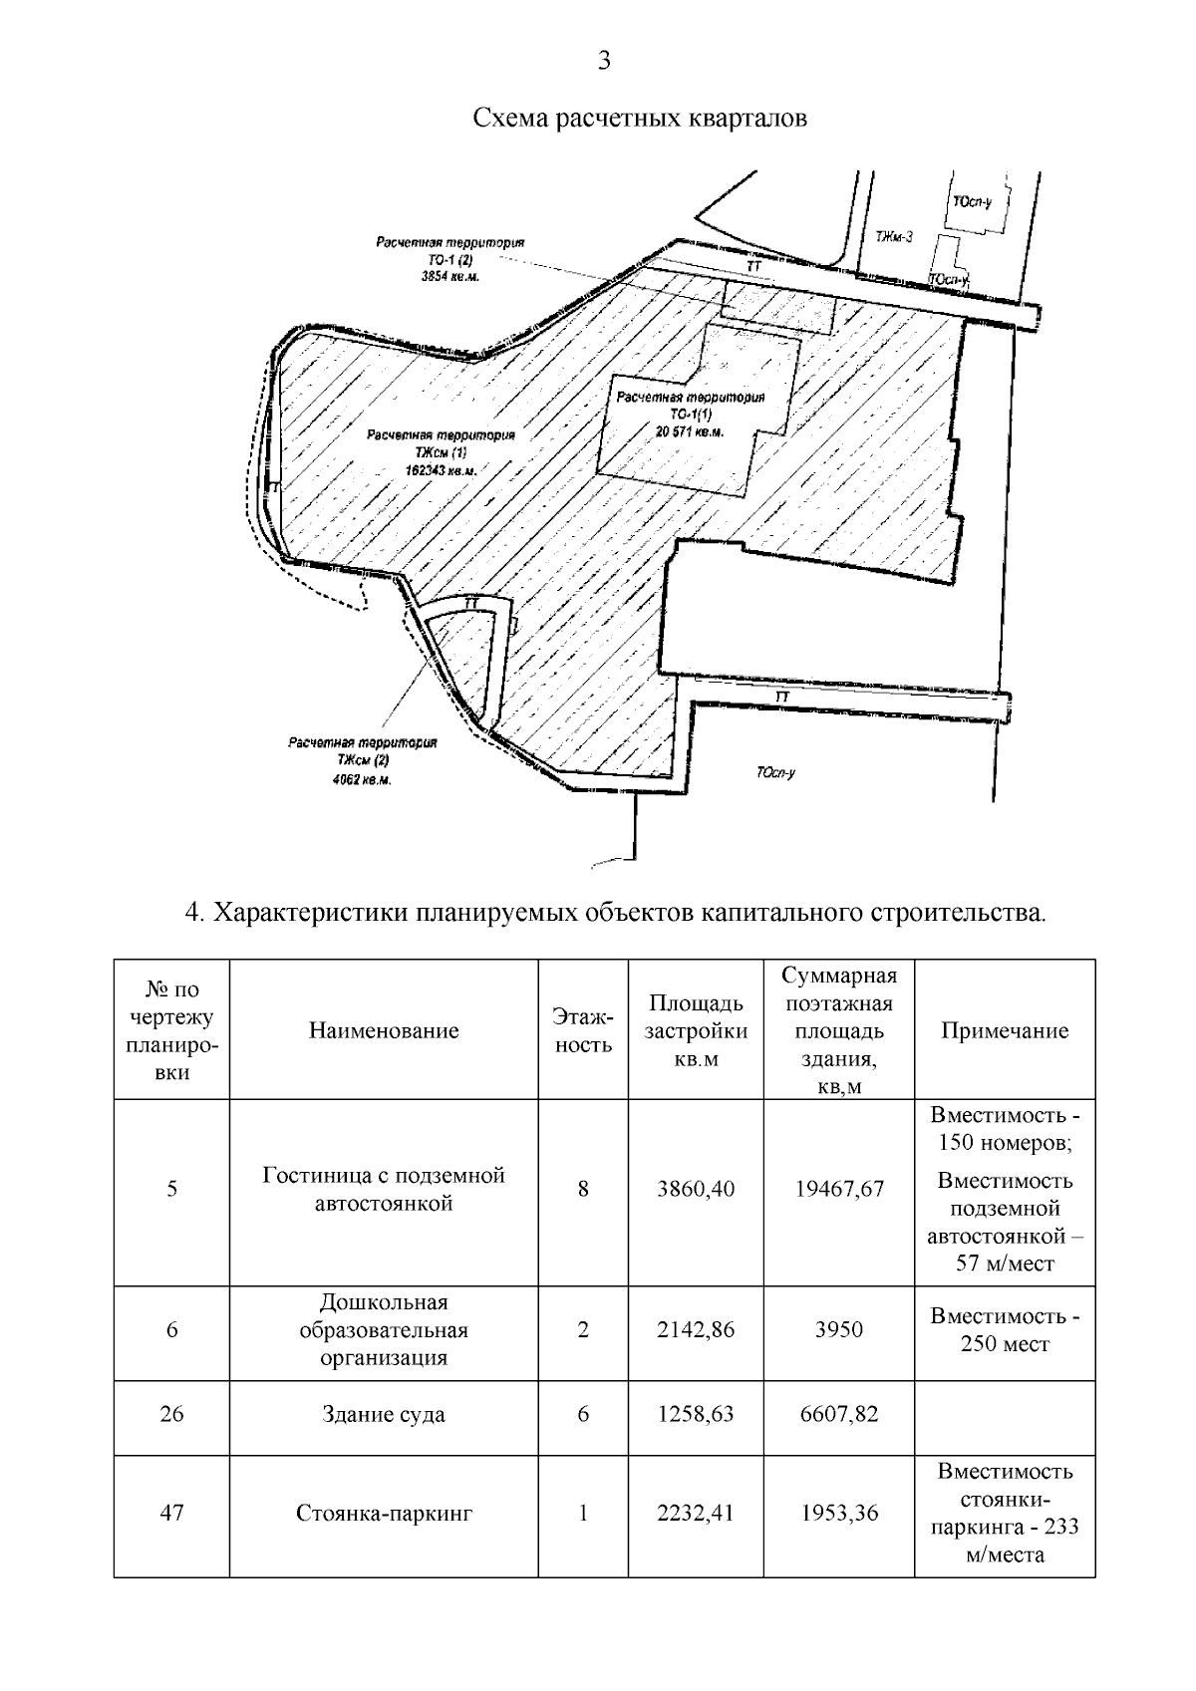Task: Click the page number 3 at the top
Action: pyautogui.click(x=603, y=62)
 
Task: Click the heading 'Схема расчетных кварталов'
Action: pyautogui.click(x=639, y=119)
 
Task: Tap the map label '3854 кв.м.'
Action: pyautogui.click(x=450, y=276)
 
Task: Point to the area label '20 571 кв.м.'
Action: pyautogui.click(x=690, y=431)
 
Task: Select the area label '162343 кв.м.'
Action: pyautogui.click(x=441, y=468)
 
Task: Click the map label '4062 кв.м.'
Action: pyautogui.click(x=362, y=780)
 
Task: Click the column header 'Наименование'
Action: pyautogui.click(x=384, y=1030)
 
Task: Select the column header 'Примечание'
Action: pyautogui.click(x=1005, y=1030)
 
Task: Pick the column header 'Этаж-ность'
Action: pyautogui.click(x=583, y=1030)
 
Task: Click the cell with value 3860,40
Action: pyautogui.click(x=696, y=1189)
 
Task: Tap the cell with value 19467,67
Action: pyautogui.click(x=839, y=1189)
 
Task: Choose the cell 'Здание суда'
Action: pyautogui.click(x=384, y=1415)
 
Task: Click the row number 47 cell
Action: pyautogui.click(x=171, y=1513)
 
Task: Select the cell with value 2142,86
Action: pyautogui.click(x=696, y=1329)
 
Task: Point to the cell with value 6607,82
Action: pyautogui.click(x=839, y=1415)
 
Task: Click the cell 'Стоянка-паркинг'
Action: pyautogui.click(x=384, y=1514)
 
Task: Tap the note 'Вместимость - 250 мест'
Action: pyautogui.click(x=1005, y=1329)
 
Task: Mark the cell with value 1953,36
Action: pyautogui.click(x=839, y=1514)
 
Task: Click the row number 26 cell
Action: pyautogui.click(x=171, y=1415)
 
